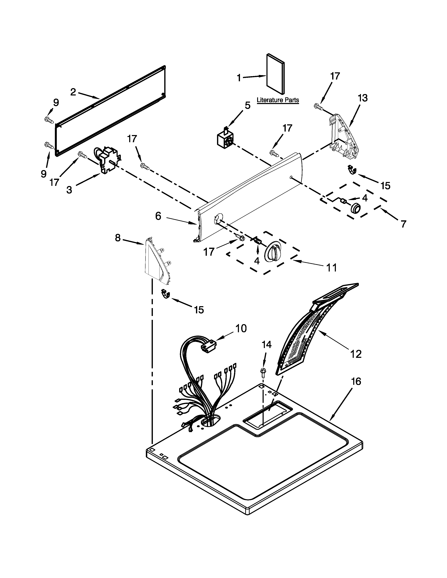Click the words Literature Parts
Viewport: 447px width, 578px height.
click(278, 100)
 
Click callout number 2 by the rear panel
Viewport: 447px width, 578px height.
click(73, 92)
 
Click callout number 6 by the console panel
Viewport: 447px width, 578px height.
click(158, 216)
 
